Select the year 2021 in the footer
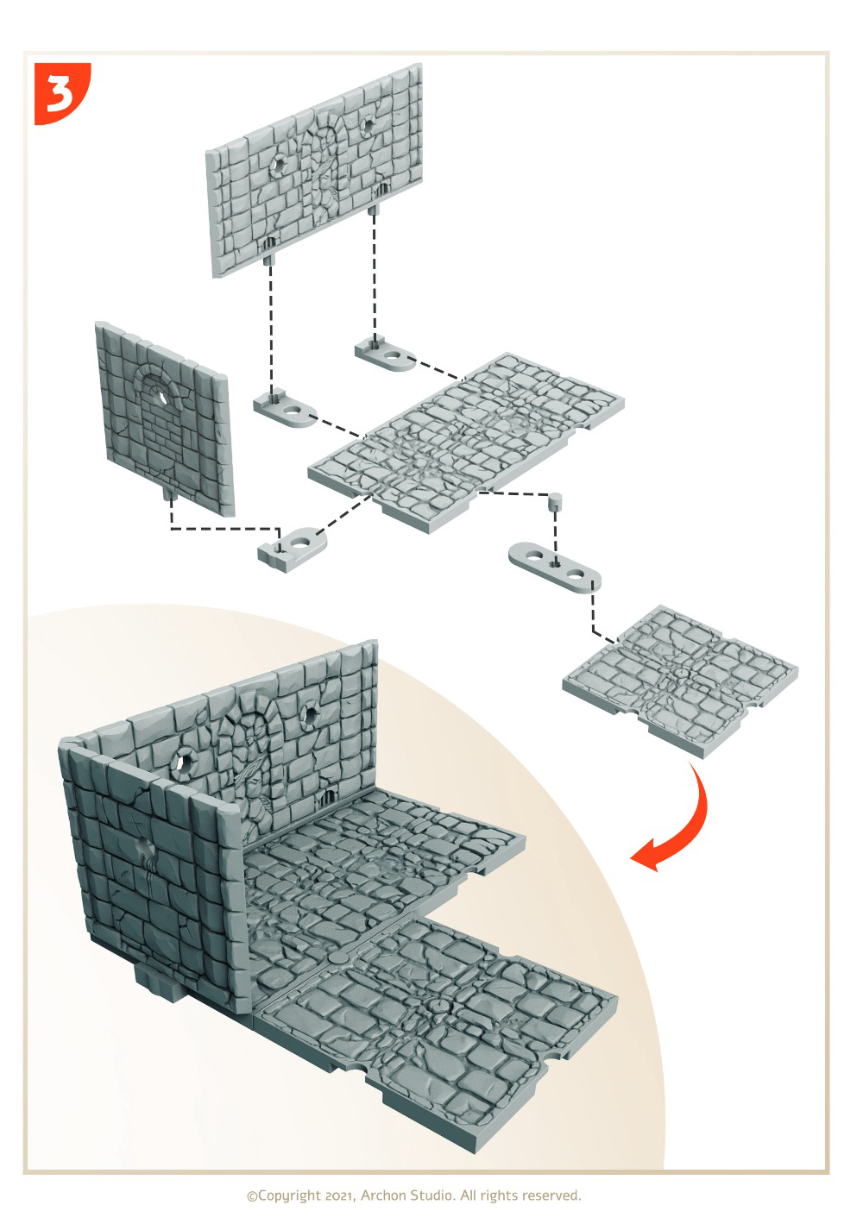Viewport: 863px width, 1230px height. [x=339, y=1195]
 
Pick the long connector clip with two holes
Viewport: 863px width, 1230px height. [x=554, y=568]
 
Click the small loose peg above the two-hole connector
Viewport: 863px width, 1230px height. [x=556, y=502]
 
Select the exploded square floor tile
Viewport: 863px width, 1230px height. [x=679, y=681]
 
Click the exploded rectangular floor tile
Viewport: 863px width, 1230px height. [x=465, y=442]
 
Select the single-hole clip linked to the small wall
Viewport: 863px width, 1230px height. [x=291, y=548]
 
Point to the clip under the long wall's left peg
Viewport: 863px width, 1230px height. [x=284, y=411]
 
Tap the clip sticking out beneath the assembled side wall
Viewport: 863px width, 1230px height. [x=160, y=984]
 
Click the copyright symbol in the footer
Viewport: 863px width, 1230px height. [x=252, y=1196]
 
